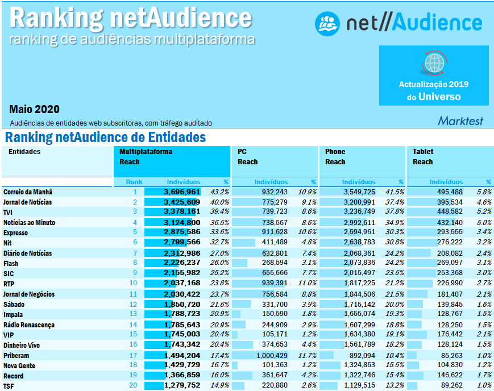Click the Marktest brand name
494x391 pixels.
[x=460, y=120]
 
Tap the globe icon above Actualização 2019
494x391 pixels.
[x=434, y=61]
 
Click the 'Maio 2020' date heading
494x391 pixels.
[x=34, y=109]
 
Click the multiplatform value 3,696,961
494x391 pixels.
[x=182, y=192]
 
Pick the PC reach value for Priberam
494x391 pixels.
[x=271, y=356]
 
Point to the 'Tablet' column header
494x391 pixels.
[x=423, y=152]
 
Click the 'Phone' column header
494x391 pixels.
[x=335, y=152]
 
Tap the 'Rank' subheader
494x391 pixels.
[x=134, y=182]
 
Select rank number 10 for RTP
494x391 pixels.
[x=133, y=283]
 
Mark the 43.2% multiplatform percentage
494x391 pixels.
[x=219, y=192]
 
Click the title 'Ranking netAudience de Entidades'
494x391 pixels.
[x=105, y=138]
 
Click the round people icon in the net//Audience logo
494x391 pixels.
[x=327, y=23]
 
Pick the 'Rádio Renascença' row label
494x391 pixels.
[x=29, y=325]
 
